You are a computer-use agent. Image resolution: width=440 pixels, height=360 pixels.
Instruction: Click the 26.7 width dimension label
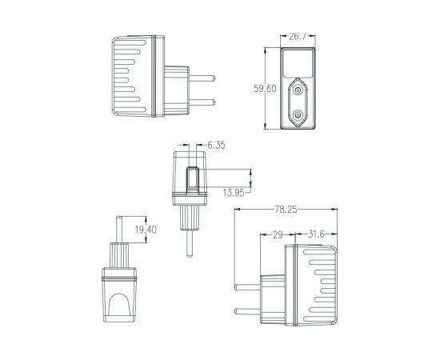298,36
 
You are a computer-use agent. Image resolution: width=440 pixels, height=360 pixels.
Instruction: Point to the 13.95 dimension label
234,192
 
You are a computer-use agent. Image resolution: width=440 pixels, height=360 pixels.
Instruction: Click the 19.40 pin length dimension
146,230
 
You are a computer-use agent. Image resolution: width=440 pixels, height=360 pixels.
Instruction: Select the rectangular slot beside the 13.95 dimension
193,180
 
